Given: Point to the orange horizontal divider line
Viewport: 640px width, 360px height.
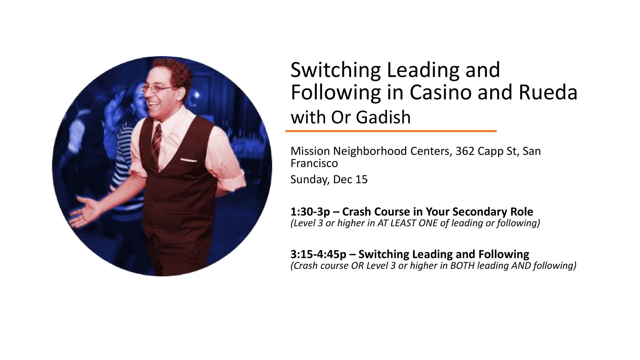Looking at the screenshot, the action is coord(391,131).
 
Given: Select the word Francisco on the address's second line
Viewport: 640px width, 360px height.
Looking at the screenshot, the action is coord(314,163).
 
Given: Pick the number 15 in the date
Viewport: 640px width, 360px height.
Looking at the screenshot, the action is coord(361,180).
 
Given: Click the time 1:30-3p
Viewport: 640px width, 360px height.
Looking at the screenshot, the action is coord(310,212).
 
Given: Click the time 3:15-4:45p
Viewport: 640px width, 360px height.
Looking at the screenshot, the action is coord(318,254).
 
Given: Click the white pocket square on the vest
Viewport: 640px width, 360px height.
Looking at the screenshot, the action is coord(188,161).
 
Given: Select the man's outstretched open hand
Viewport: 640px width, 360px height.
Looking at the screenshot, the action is coord(84,211).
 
